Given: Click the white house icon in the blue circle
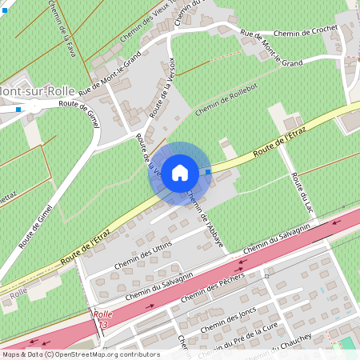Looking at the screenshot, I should [x=180, y=172].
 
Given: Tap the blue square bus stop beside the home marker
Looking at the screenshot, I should [x=209, y=171].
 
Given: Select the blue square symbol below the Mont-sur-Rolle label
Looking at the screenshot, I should [x=18, y=109].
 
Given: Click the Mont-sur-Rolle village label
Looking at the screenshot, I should [x=37, y=91].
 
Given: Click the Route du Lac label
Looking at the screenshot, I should [x=302, y=192].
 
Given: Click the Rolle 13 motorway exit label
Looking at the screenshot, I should [x=102, y=319].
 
